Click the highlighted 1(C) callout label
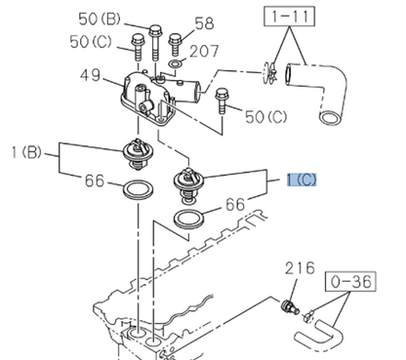pos(302,180)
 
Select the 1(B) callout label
pos(26,152)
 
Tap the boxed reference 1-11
pos(290,16)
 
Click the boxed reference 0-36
pos(350,282)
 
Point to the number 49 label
pos(90,75)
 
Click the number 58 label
pos(204,23)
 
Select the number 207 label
pos(204,52)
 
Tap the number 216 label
pos(300,268)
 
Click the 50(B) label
pos(100,20)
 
